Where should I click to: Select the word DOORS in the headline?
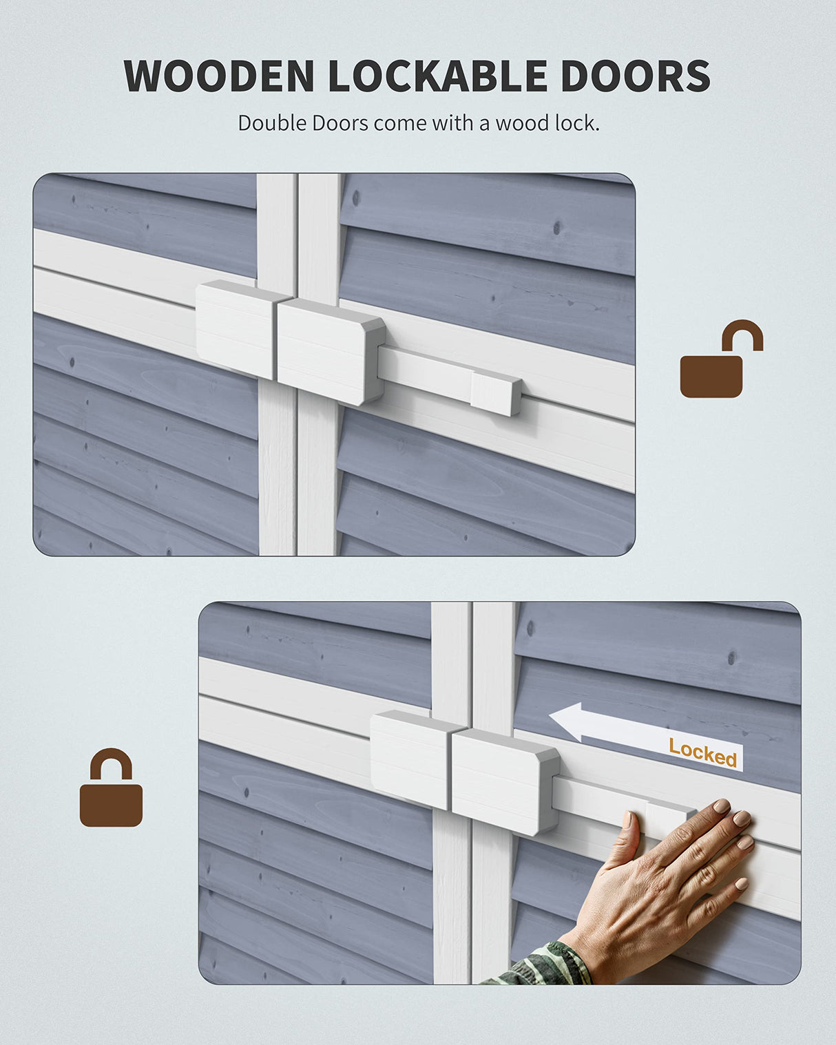(635, 76)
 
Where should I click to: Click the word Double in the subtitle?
(272, 123)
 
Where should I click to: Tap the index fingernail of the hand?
(721, 806)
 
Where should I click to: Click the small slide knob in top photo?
(495, 392)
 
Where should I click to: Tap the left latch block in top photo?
(236, 328)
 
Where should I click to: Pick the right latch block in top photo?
(329, 350)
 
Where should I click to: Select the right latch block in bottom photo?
(504, 781)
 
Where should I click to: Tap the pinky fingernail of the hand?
(741, 883)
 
